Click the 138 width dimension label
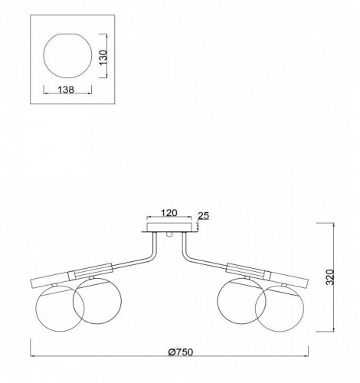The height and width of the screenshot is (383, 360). tap(66, 90)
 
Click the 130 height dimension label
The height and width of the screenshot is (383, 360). tap(103, 57)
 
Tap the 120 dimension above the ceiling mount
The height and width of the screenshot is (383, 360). tap(169, 213)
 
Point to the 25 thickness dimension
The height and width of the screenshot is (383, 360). tap(204, 216)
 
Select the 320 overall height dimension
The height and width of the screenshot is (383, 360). tap(330, 277)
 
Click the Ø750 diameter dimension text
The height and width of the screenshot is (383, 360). tap(181, 352)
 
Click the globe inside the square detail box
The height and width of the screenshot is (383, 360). tap(67, 55)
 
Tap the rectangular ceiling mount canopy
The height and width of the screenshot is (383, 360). tap(169, 228)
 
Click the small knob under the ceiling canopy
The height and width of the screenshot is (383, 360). tap(169, 235)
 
